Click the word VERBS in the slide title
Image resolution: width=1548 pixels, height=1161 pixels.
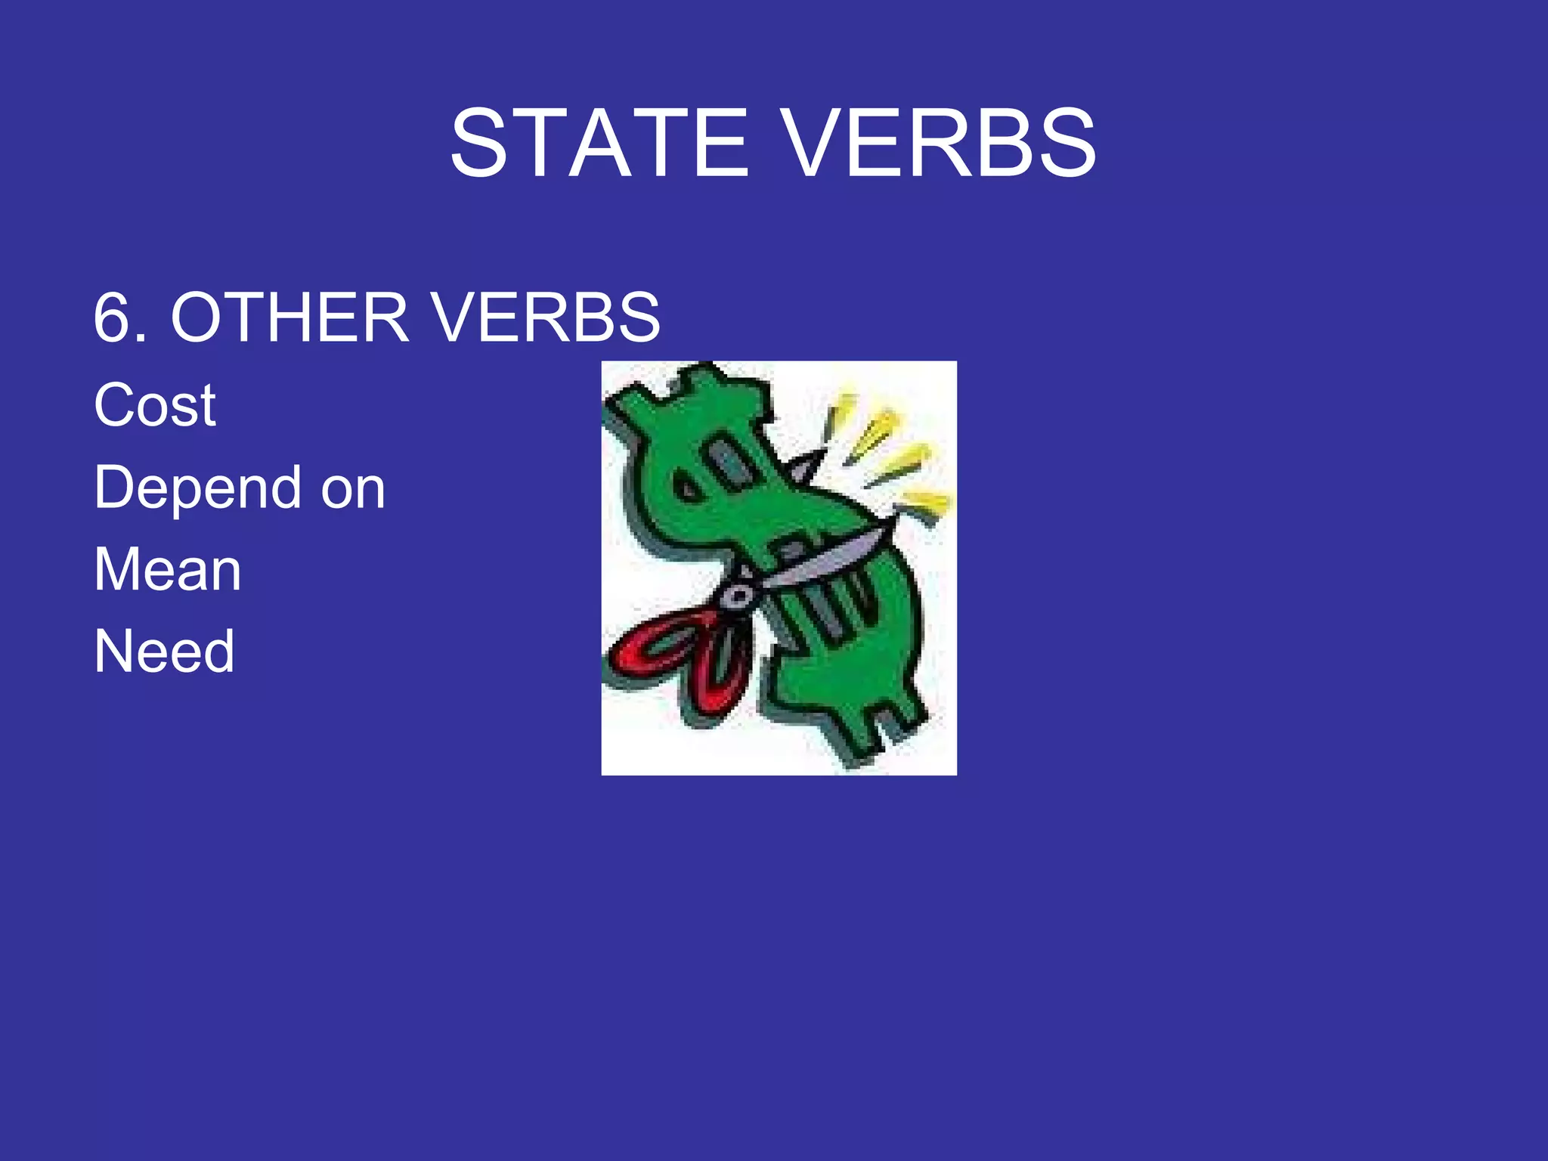[x=937, y=143]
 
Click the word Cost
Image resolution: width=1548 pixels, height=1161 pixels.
[x=155, y=405]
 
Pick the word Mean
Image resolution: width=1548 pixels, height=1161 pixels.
[x=168, y=570]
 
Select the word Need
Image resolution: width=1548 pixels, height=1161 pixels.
[x=164, y=652]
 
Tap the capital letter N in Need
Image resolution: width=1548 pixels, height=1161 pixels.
[x=113, y=652]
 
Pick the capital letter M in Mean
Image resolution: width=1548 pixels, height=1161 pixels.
[x=118, y=570]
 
